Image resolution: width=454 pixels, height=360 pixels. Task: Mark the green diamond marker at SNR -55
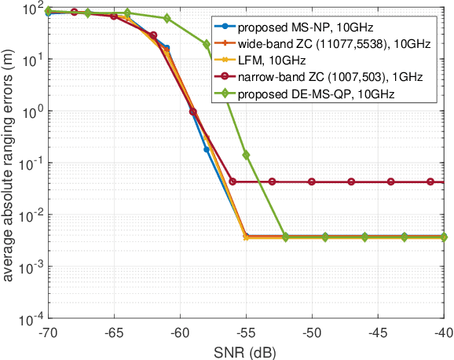pos(247,155)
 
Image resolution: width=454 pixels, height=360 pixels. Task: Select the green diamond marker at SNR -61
pos(167,18)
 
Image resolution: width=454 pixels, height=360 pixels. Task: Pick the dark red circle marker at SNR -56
pos(233,182)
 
